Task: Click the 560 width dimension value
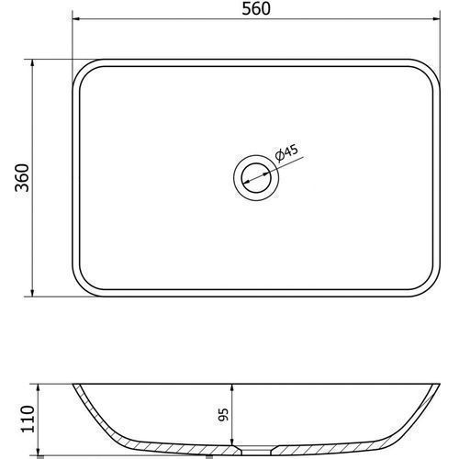pyautogui.click(x=256, y=8)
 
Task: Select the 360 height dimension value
pyautogui.click(x=22, y=178)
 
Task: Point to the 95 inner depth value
pyautogui.click(x=224, y=415)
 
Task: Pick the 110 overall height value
pyautogui.click(x=28, y=419)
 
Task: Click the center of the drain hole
pyautogui.click(x=256, y=178)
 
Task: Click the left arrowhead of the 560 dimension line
pyautogui.click(x=76, y=19)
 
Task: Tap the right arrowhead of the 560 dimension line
pyautogui.click(x=436, y=19)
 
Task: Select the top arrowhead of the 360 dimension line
pyautogui.click(x=32, y=63)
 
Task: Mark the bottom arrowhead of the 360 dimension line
pyautogui.click(x=32, y=293)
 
